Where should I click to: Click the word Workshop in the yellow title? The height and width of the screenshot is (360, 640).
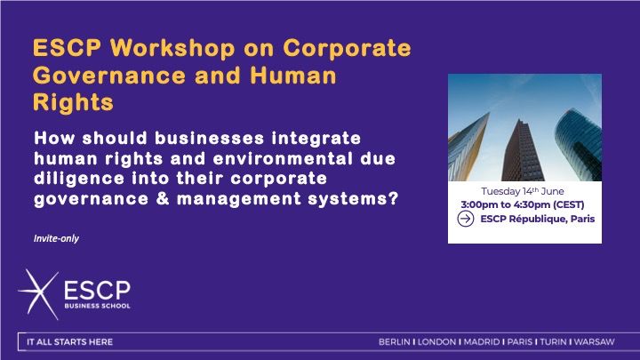[x=172, y=48]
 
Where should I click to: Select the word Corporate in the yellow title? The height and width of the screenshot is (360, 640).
[x=347, y=48]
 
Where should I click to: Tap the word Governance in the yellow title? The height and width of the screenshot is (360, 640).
[x=109, y=76]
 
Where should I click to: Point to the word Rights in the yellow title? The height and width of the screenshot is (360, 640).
[x=73, y=102]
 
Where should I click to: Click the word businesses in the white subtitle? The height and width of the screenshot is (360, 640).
[x=210, y=138]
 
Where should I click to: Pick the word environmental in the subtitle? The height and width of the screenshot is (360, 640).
[x=283, y=158]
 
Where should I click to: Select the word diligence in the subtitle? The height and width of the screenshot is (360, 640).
[x=79, y=179]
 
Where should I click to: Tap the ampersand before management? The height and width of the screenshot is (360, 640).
[x=163, y=199]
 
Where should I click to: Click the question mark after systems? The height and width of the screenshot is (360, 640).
[x=393, y=199]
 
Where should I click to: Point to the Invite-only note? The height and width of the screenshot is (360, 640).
[x=56, y=238]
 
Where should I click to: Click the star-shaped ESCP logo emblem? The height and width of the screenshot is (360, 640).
[x=39, y=294]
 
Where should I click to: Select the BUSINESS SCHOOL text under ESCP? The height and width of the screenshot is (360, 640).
[x=97, y=306]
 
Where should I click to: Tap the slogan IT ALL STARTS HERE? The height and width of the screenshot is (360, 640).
[x=70, y=342]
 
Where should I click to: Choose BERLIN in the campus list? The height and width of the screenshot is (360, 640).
[x=395, y=342]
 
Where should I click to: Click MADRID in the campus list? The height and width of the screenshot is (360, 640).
[x=482, y=342]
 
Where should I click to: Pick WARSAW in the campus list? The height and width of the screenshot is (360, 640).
[x=595, y=342]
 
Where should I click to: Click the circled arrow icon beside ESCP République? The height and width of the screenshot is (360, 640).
[x=465, y=220]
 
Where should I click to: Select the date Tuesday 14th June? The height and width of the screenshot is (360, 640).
[x=523, y=191]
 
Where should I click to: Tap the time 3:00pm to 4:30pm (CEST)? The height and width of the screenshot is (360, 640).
[x=523, y=204]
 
